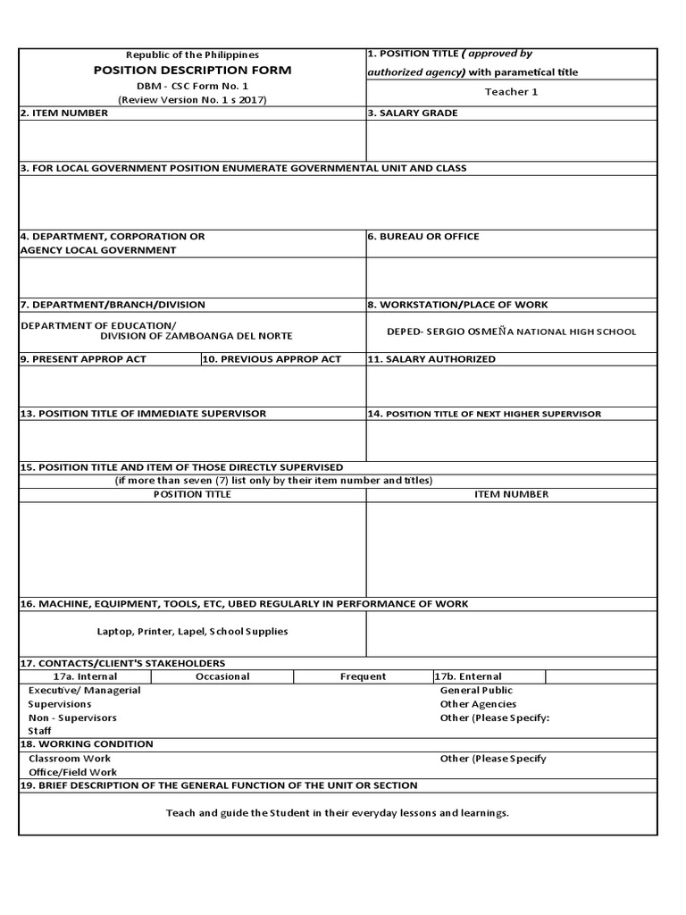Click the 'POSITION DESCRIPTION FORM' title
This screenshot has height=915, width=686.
pos(192,70)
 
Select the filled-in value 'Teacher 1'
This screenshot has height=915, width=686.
pos(511,92)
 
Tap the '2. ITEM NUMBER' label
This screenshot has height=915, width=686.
pos(64,113)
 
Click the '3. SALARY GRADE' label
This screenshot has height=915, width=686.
pos(413,113)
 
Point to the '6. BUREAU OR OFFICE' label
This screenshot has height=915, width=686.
pos(423,237)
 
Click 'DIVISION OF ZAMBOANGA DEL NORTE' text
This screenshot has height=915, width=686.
pos(196,336)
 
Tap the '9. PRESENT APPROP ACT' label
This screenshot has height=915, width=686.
pos(83,359)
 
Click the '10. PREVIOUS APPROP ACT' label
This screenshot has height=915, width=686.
pos(272,359)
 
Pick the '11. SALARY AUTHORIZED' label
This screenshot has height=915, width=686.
pos(431,359)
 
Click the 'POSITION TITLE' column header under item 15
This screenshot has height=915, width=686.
pos(192,494)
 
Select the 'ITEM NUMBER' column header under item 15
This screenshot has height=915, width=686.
pos(511,494)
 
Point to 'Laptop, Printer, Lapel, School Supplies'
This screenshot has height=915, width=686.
pos(192,632)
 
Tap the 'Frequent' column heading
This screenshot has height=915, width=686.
pos(363,676)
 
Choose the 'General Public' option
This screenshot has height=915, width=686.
pos(476,691)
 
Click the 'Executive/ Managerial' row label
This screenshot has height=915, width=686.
pos(84,691)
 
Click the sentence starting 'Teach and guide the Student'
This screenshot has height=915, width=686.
pos(338,813)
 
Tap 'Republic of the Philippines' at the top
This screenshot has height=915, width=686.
pos(192,55)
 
